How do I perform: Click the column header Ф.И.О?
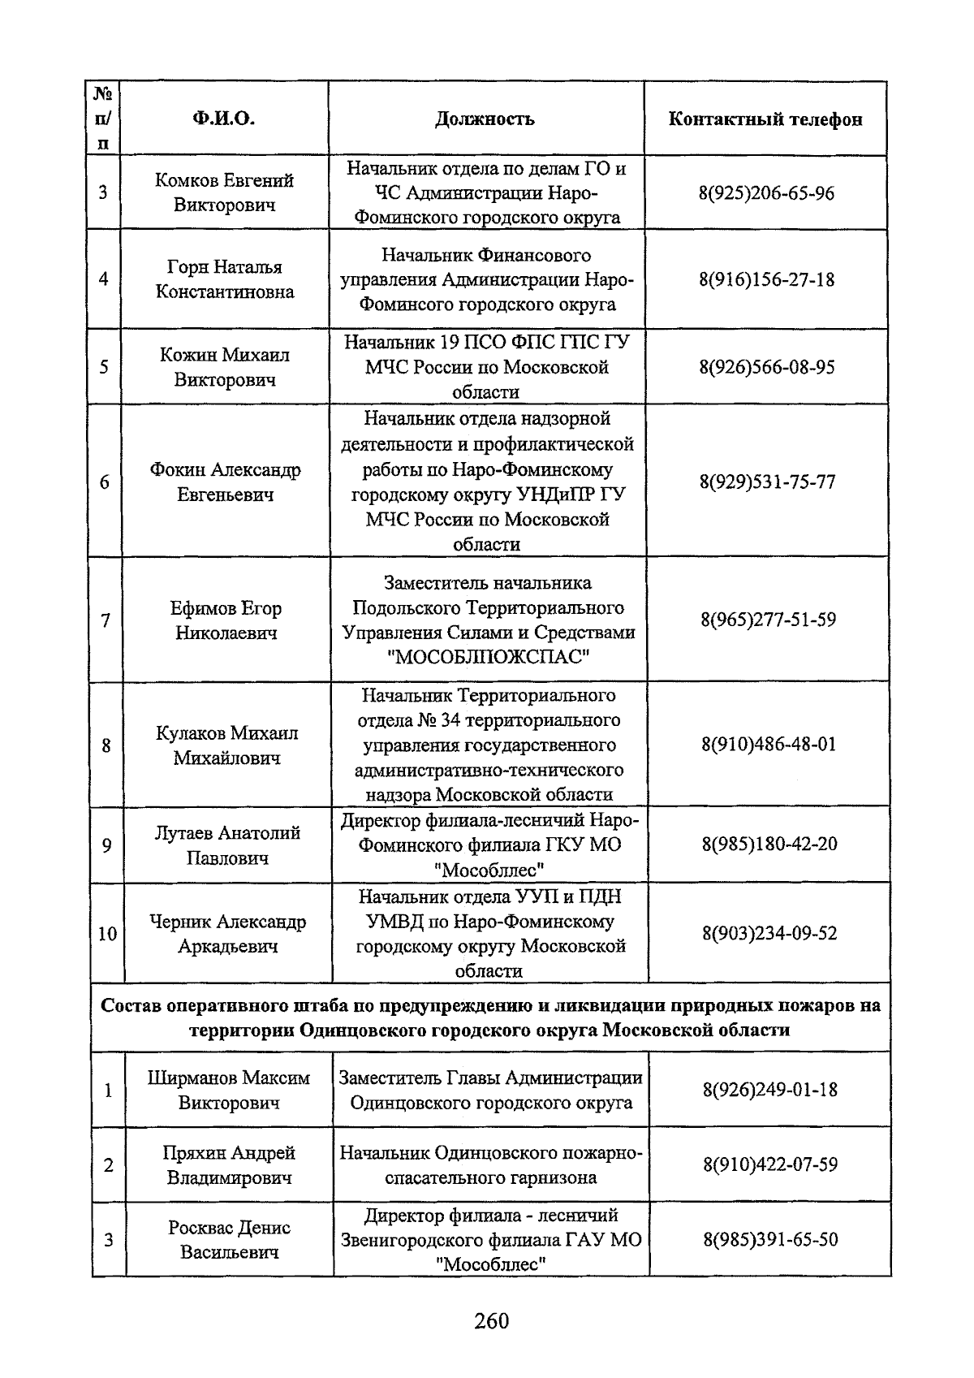224,119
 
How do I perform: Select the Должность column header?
485,119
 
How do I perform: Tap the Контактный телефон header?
765,119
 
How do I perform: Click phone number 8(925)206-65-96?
766,193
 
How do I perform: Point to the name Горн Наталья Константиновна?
225,279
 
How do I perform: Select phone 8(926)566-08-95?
767,367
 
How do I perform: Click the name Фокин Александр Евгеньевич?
225,482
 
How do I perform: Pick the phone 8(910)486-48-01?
769,745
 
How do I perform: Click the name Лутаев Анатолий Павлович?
227,845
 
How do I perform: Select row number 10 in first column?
107,934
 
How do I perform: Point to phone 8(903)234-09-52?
769,933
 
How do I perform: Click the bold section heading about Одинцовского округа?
490,1017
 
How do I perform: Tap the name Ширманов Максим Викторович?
229,1090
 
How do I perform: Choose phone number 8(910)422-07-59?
770,1164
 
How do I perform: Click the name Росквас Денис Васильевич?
229,1239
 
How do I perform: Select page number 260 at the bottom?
491,1321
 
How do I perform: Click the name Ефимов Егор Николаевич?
226,620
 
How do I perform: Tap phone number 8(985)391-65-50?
770,1239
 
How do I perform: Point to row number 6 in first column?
105,482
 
